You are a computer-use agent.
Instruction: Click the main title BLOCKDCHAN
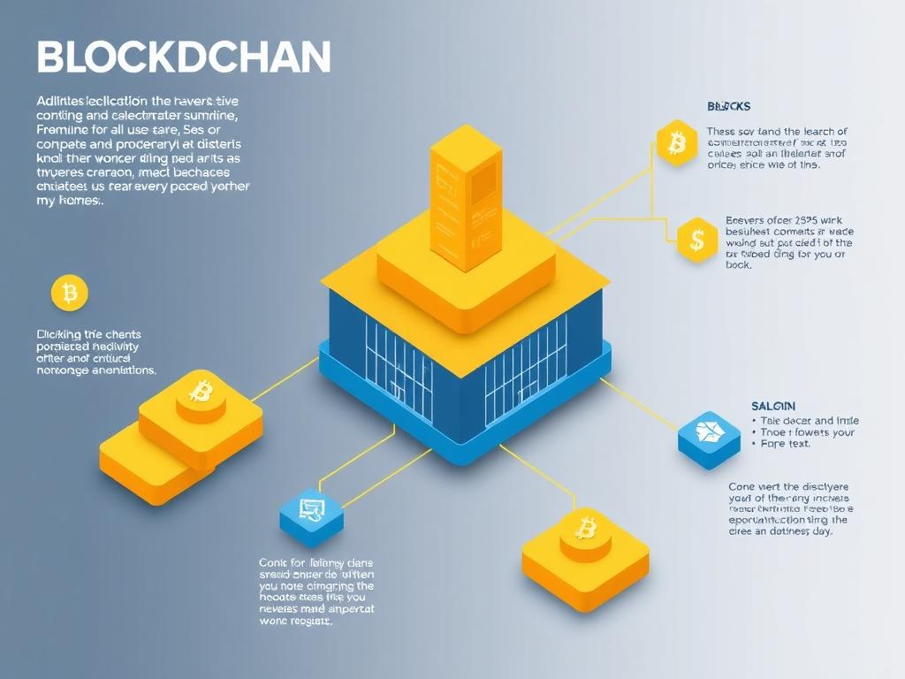[x=184, y=57]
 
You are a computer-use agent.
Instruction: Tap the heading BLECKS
[x=728, y=106]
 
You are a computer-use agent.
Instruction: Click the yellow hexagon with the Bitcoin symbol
[x=677, y=141]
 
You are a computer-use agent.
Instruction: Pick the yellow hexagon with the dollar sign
[x=697, y=239]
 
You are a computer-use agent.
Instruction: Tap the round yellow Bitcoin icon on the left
[x=70, y=292]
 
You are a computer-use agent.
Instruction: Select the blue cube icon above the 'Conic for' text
[x=310, y=511]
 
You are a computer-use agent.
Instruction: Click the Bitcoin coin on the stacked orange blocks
[x=202, y=392]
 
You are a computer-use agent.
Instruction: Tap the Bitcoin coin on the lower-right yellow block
[x=586, y=530]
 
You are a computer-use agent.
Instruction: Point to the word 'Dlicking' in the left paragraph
[x=57, y=335]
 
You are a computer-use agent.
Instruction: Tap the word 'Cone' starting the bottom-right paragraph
[x=742, y=487]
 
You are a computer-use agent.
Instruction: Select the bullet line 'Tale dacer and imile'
[x=809, y=421]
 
